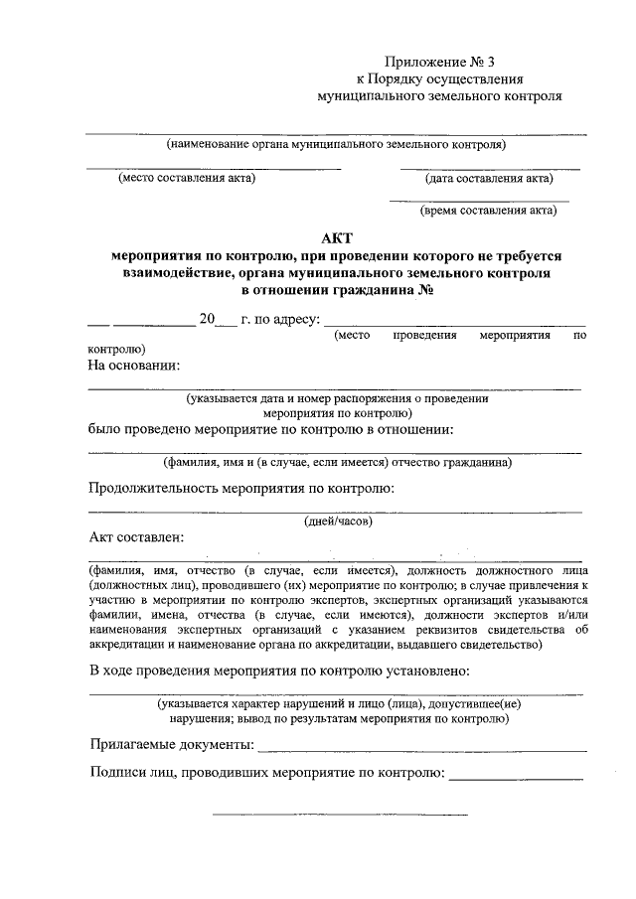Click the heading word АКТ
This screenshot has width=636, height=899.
337,237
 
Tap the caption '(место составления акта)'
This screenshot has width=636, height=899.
186,179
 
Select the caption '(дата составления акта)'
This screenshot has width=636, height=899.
490,179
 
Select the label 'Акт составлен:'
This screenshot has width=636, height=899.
137,538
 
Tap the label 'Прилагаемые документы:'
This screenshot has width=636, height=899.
171,744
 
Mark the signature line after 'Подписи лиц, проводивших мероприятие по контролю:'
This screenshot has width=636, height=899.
516,778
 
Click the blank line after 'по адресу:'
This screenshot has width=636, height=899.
455,325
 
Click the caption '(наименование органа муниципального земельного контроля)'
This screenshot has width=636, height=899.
337,144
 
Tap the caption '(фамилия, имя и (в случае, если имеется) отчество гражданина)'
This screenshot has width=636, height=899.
337,462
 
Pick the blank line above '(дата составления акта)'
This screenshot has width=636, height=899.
490,167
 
